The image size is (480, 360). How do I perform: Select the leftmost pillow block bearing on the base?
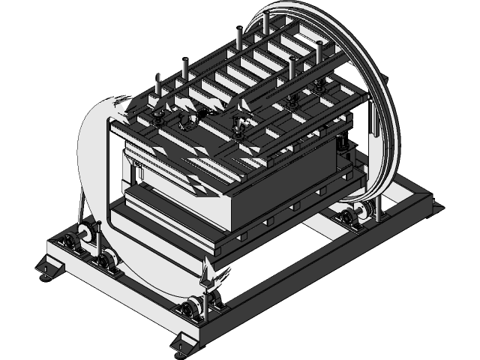click(x=72, y=242)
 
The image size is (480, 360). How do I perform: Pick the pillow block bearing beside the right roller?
click(x=347, y=218)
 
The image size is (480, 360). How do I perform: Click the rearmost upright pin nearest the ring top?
click(x=265, y=22)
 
